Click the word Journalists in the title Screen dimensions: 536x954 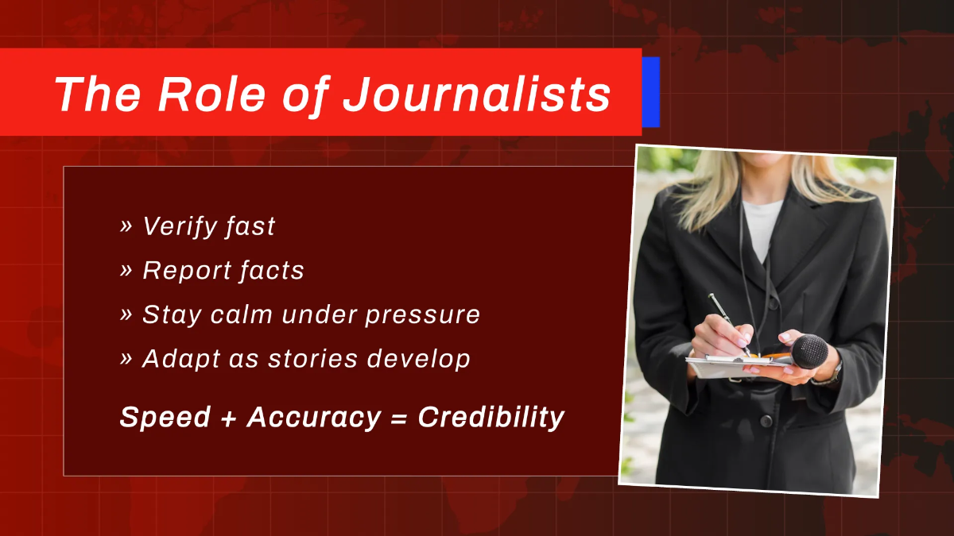pos(477,94)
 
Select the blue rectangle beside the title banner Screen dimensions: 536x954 pos(651,91)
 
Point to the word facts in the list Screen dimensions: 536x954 pos(274,271)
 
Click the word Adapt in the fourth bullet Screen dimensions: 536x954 pos(173,359)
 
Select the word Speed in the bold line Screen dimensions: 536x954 pos(165,418)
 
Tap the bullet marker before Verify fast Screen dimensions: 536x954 pos(126,226)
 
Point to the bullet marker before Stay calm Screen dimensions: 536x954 pos(126,314)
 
